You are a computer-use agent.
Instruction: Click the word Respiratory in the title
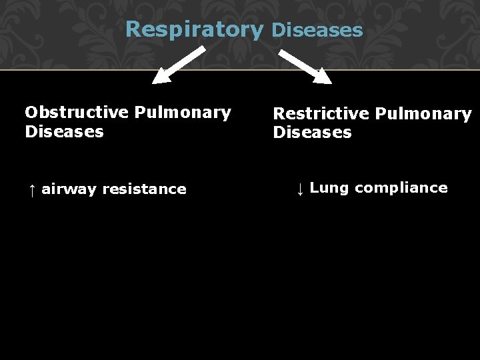click(195, 30)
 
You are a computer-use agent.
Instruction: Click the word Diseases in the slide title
click(317, 30)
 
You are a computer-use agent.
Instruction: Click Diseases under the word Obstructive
click(64, 131)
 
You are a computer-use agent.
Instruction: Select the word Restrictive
click(321, 114)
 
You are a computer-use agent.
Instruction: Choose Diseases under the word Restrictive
click(312, 132)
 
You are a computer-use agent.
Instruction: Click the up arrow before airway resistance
click(31, 189)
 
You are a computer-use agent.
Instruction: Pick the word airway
click(69, 189)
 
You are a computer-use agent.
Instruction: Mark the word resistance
click(144, 189)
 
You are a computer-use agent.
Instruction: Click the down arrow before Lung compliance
click(300, 189)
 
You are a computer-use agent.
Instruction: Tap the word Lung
click(329, 188)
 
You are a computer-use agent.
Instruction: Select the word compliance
click(401, 188)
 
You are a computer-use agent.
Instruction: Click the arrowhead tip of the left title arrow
click(155, 82)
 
